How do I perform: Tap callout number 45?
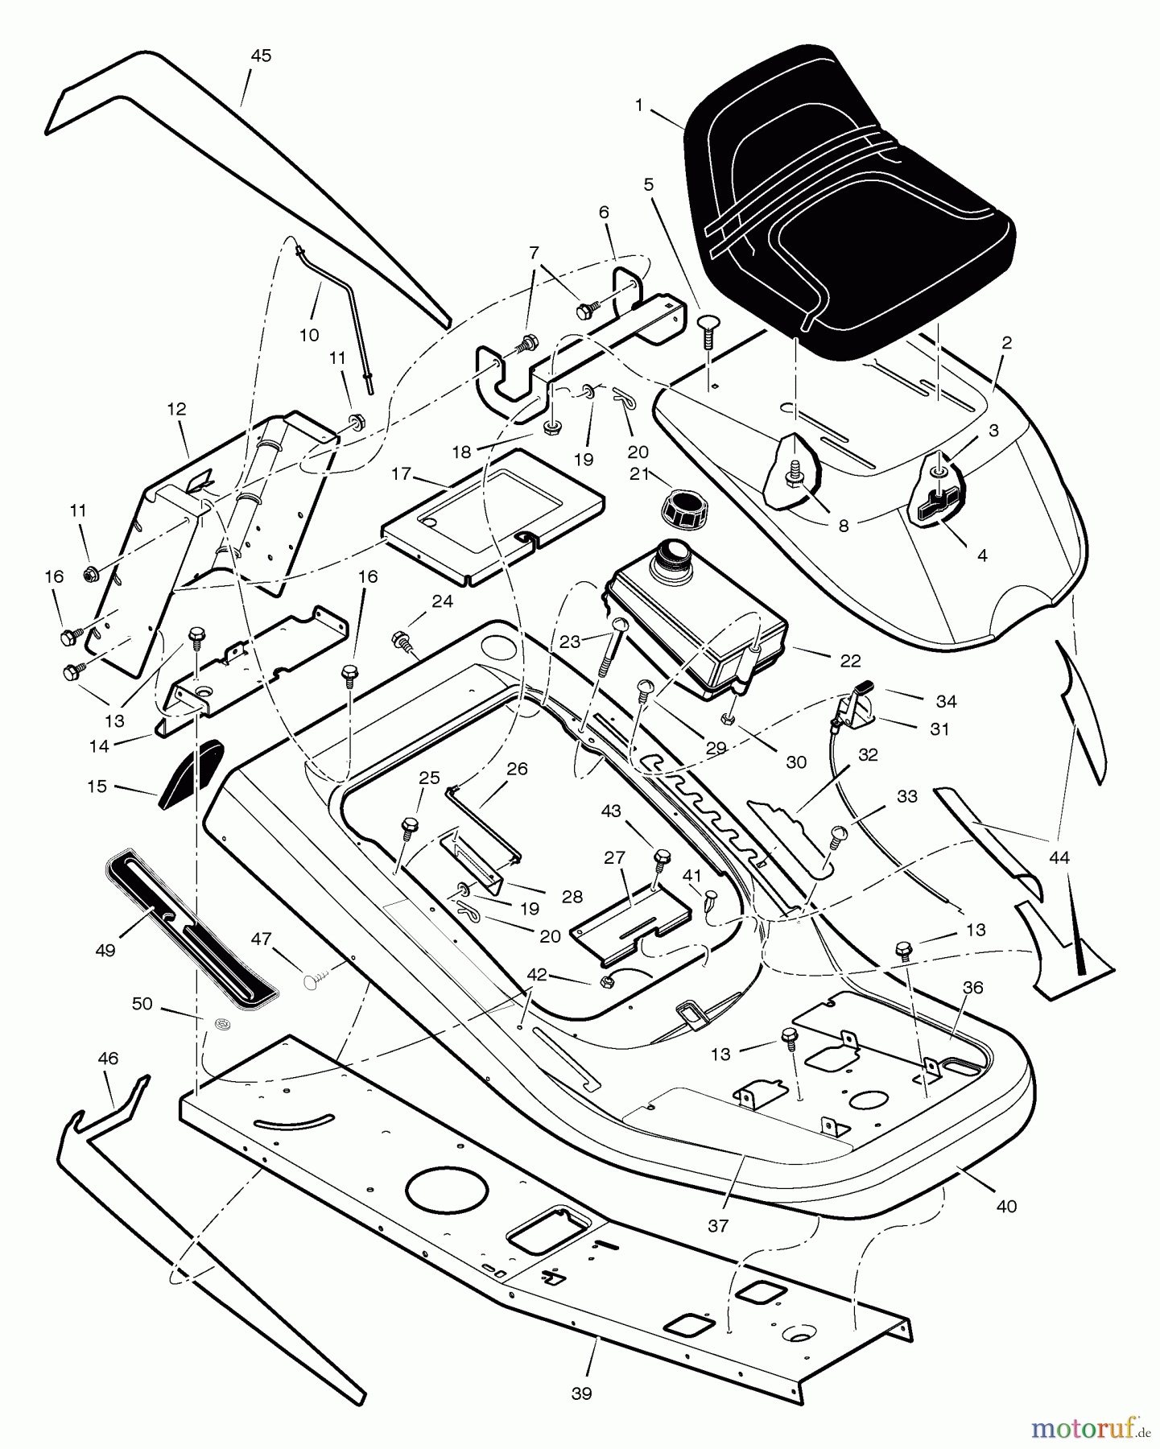[x=261, y=56]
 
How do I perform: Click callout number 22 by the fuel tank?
[x=850, y=661]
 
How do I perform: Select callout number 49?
[x=105, y=950]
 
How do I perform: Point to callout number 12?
[x=176, y=409]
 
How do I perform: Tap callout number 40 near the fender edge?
[x=1006, y=1206]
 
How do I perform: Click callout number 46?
[x=108, y=1059]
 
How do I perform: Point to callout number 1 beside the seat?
[x=638, y=105]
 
